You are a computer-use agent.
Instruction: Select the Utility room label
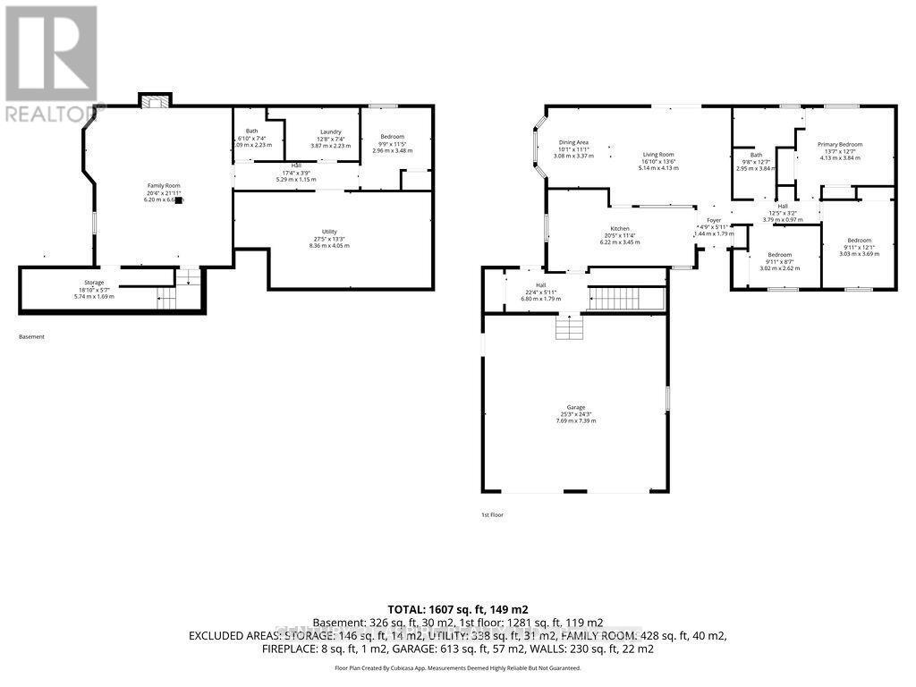(x=329, y=232)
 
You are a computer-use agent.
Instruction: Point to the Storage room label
(x=95, y=283)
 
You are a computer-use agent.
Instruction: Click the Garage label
(x=574, y=407)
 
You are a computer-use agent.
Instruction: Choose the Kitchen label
(x=621, y=228)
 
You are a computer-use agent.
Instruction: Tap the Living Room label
(x=658, y=154)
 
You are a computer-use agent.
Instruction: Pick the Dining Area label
(x=573, y=142)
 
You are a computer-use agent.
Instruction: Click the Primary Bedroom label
(x=839, y=144)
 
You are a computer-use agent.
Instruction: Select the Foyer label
(x=713, y=220)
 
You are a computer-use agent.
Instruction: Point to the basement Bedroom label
(x=393, y=137)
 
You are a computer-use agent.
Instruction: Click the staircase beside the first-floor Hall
(x=626, y=298)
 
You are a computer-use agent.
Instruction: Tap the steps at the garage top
(x=567, y=329)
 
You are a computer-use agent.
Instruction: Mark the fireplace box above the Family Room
(x=155, y=101)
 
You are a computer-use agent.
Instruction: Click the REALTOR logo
(x=51, y=63)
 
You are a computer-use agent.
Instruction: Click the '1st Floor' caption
(x=493, y=515)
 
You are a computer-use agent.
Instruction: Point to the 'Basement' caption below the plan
(x=31, y=336)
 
